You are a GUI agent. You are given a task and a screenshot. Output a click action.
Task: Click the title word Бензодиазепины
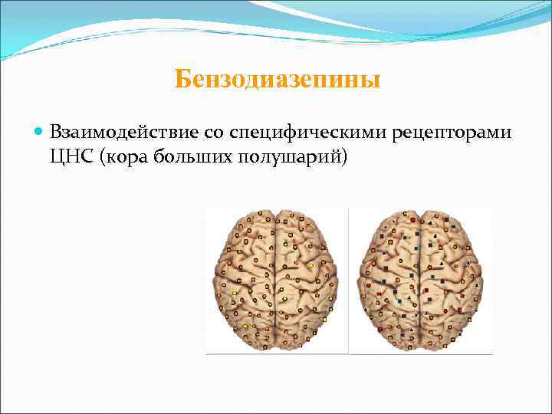coord(277,79)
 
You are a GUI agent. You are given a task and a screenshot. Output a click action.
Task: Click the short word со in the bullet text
coord(214,133)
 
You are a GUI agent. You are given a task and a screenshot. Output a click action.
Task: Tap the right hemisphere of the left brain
coord(307,280)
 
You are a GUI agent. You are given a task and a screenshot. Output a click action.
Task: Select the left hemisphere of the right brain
coord(392,280)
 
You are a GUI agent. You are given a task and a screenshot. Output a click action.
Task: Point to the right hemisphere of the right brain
coord(452,280)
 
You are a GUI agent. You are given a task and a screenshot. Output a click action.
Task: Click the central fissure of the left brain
coord(277,280)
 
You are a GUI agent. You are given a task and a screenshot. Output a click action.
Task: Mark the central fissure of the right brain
coord(422,280)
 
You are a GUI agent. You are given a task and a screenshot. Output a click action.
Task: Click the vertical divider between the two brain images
coord(349,280)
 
